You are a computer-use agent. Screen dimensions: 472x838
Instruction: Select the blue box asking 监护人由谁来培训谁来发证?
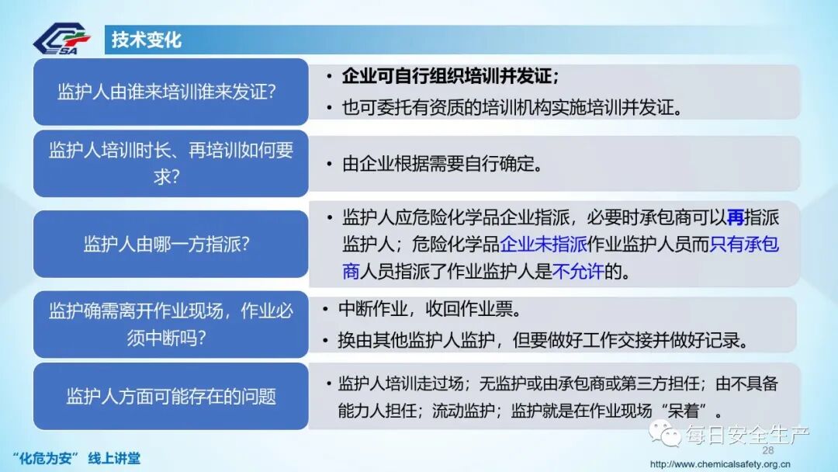tap(170, 92)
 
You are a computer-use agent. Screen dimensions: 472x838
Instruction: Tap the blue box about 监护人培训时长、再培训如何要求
tap(170, 162)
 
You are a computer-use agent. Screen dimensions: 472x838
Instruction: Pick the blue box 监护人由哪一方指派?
tap(170, 244)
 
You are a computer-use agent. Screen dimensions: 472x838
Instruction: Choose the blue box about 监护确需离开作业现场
tap(170, 324)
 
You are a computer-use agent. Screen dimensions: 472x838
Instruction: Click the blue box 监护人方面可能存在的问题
tap(170, 396)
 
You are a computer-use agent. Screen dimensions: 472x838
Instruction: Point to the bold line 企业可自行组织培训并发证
tap(450, 77)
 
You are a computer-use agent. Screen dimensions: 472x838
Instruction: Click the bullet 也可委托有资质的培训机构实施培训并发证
tap(512, 106)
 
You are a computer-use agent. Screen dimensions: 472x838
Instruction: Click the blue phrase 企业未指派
tap(543, 245)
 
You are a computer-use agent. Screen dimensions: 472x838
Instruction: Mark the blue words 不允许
tap(577, 272)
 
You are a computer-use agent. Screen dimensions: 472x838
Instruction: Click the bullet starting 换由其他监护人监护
tap(543, 340)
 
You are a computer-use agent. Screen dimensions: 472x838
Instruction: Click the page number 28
tap(768, 450)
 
